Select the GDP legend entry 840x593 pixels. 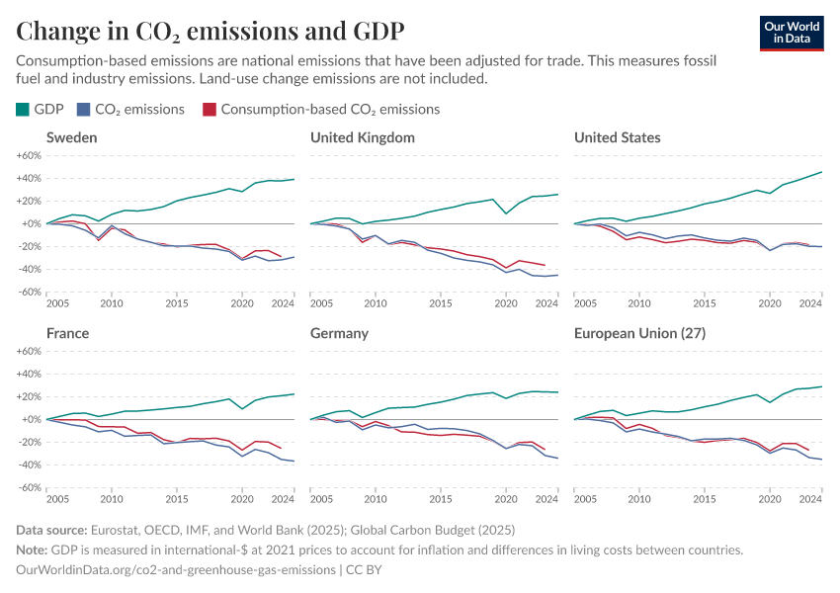tap(41, 110)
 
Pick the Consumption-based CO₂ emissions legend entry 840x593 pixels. tap(320, 110)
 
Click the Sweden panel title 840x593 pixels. tap(71, 137)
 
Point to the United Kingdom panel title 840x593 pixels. tap(362, 137)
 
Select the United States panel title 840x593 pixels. tap(617, 137)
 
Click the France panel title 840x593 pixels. tap(67, 333)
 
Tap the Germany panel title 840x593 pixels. tap(339, 333)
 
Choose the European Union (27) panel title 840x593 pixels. tap(639, 333)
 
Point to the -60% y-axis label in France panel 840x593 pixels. tap(27, 487)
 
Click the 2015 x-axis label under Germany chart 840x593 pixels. tap(441, 498)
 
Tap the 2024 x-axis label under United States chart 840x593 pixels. tap(810, 302)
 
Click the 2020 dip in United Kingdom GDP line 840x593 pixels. tap(507, 213)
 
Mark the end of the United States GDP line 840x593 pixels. tap(822, 172)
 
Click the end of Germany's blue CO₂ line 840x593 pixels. tap(558, 458)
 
